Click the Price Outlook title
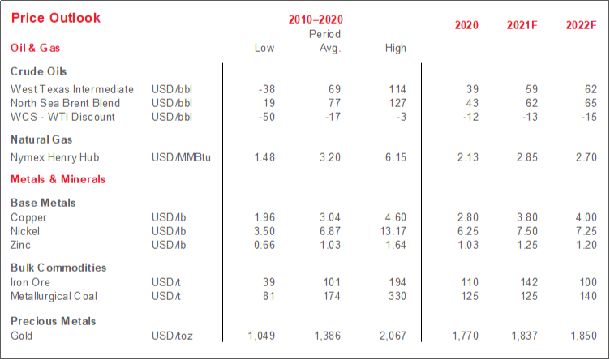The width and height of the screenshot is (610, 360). pyautogui.click(x=56, y=18)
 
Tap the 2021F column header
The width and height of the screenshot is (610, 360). pyautogui.click(x=522, y=25)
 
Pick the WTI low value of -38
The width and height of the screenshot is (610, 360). pyautogui.click(x=264, y=88)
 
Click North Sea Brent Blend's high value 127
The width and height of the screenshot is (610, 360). pyautogui.click(x=396, y=103)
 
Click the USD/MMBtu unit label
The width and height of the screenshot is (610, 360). pyautogui.click(x=181, y=157)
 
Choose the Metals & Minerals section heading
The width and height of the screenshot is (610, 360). pyautogui.click(x=58, y=179)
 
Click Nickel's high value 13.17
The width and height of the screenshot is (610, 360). pyautogui.click(x=392, y=231)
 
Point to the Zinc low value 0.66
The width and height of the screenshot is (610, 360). pyautogui.click(x=262, y=245)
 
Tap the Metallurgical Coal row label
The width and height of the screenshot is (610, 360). pyautogui.click(x=53, y=295)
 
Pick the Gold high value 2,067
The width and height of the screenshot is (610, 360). pyautogui.click(x=388, y=335)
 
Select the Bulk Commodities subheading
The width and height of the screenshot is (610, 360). pyautogui.click(x=58, y=268)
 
